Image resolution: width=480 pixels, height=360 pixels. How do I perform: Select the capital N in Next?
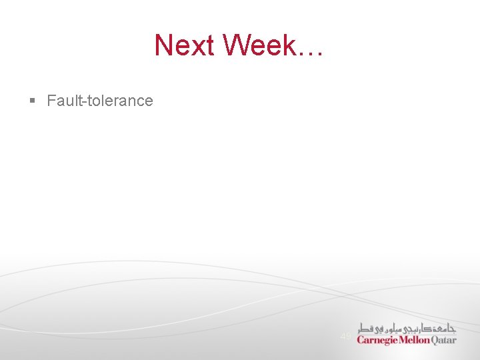click(163, 45)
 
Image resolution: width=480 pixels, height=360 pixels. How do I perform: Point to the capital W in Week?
click(237, 45)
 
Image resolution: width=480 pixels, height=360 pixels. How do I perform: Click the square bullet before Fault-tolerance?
click(32, 101)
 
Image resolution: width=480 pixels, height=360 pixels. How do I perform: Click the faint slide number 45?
click(345, 337)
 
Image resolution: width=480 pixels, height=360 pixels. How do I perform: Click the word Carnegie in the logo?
click(377, 340)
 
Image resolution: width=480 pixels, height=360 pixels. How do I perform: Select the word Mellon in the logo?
click(415, 339)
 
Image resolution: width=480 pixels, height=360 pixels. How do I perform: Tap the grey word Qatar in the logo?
click(445, 339)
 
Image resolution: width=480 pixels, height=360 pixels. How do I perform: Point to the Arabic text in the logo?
click(407, 327)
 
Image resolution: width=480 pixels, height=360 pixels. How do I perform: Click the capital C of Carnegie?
click(361, 339)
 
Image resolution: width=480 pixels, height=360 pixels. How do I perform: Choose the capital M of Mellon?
click(403, 339)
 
